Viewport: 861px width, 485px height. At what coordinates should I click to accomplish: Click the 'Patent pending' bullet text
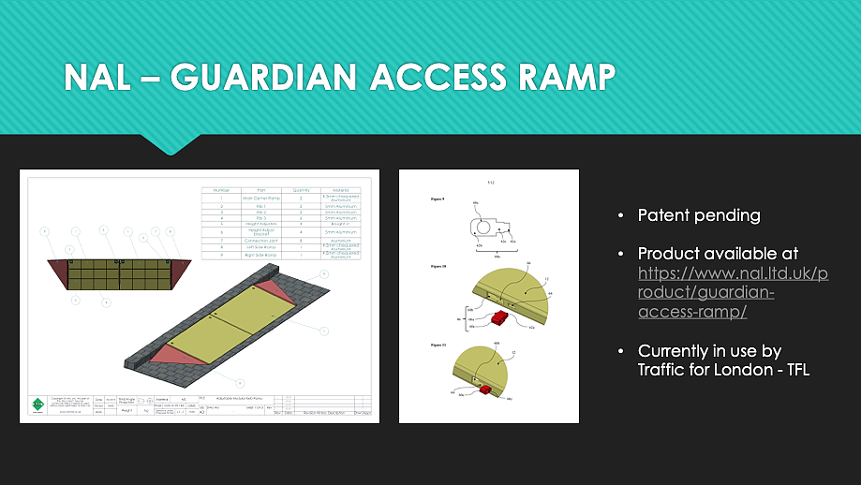(x=699, y=215)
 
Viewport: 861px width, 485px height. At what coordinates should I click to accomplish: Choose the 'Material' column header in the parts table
(x=341, y=190)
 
